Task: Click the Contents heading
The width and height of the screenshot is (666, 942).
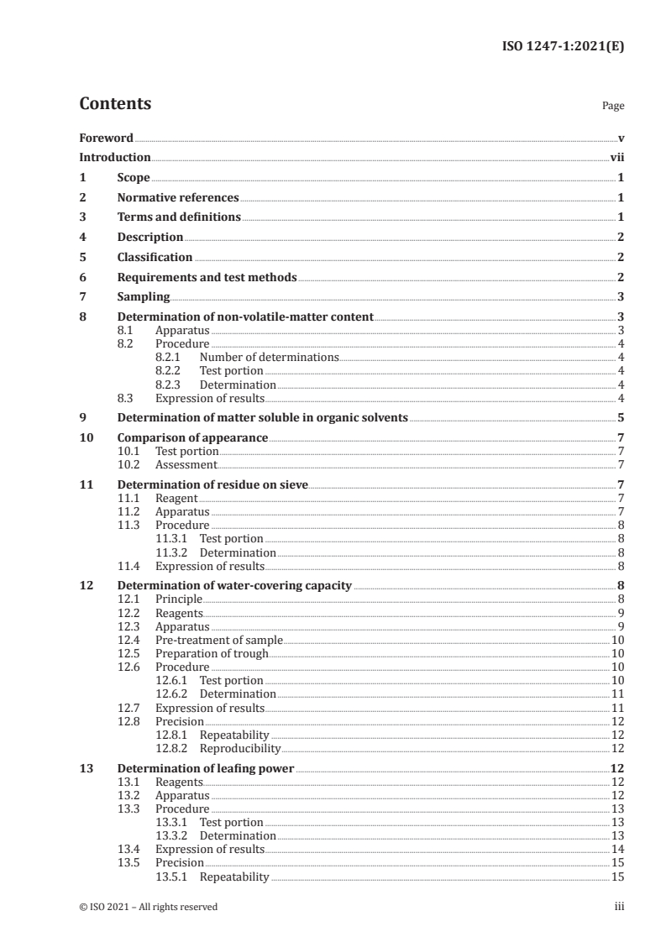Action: [115, 104]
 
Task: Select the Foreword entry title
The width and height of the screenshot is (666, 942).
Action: [106, 138]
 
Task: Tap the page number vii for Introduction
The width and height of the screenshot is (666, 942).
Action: [616, 157]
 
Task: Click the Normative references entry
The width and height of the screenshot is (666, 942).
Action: [178, 197]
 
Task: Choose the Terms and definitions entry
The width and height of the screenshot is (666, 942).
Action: [179, 217]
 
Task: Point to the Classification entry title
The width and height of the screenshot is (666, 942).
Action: [155, 257]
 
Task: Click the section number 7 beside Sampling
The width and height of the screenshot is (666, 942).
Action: [82, 296]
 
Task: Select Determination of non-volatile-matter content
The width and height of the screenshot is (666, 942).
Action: [244, 317]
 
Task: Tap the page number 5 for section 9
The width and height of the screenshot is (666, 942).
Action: [620, 417]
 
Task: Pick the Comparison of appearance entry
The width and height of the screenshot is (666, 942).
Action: [192, 437]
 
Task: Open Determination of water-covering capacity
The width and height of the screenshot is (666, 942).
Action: [234, 585]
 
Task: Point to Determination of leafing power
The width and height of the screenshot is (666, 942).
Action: [206, 767]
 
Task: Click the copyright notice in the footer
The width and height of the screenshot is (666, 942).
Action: [148, 906]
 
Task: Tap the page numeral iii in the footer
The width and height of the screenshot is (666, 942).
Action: [618, 906]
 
